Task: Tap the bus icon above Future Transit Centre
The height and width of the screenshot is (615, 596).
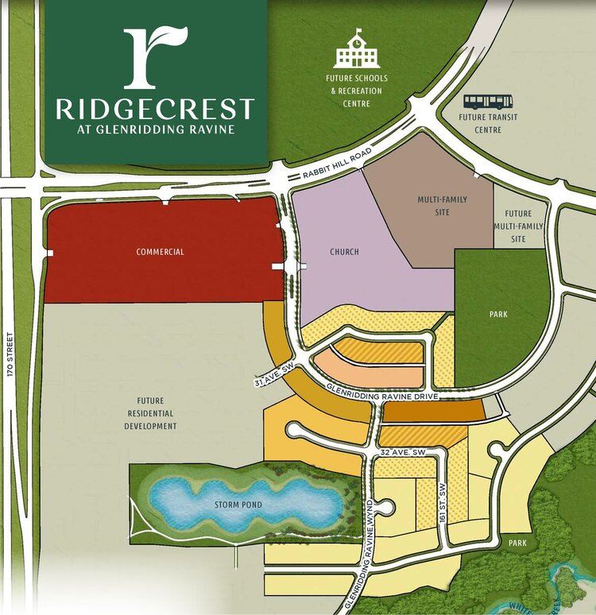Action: (x=488, y=102)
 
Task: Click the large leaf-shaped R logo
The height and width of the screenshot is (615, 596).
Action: (x=155, y=58)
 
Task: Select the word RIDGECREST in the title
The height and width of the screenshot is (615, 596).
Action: (x=155, y=109)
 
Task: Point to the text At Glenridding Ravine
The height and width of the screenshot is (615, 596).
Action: (x=155, y=130)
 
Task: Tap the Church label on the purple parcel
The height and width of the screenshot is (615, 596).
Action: (x=344, y=252)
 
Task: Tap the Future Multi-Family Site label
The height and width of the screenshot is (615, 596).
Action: (x=519, y=226)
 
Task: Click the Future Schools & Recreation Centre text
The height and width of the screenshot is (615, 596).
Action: (x=353, y=91)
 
